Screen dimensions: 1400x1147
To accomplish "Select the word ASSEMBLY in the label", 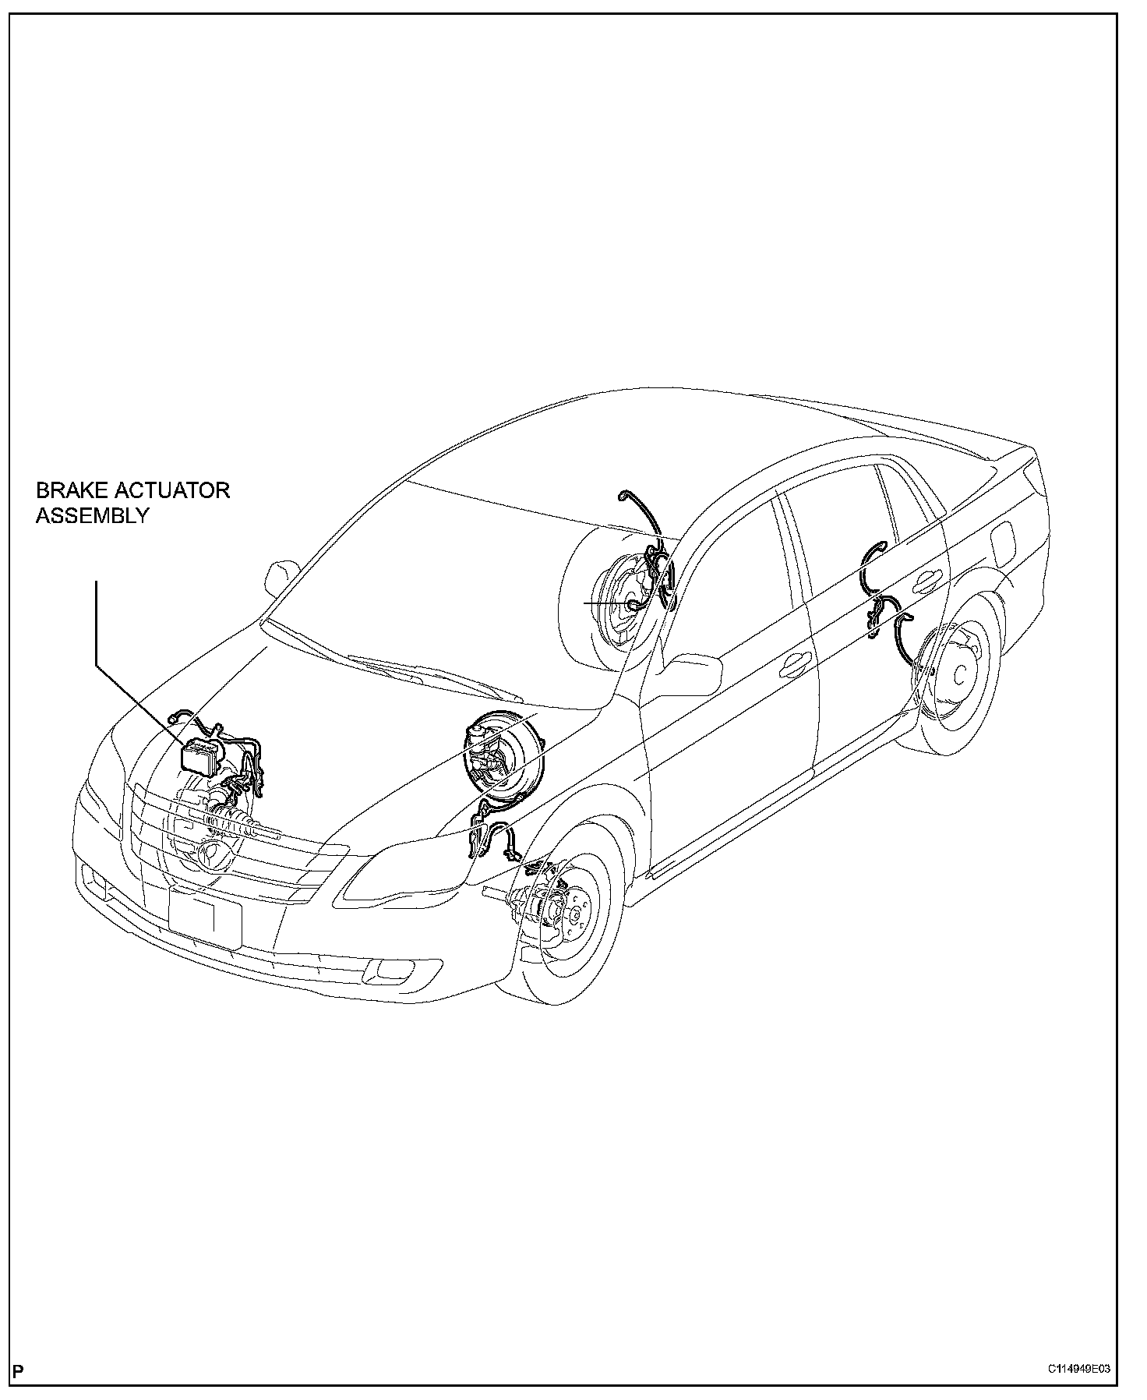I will [x=91, y=515].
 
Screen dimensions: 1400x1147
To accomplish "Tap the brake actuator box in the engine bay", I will [x=201, y=754].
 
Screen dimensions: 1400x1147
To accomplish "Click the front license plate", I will [x=205, y=920].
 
